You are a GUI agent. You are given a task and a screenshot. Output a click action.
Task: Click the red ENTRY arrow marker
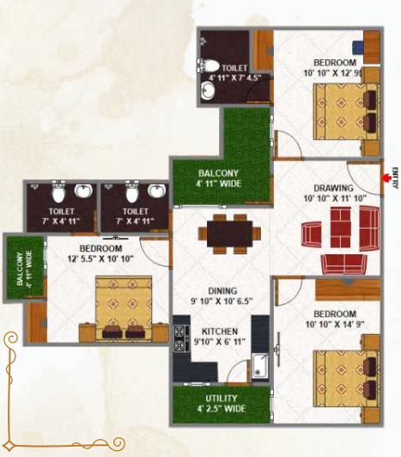pyautogui.click(x=386, y=178)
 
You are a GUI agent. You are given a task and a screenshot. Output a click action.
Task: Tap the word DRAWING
pyautogui.click(x=333, y=188)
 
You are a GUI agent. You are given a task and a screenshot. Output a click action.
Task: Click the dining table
pyautogui.click(x=229, y=234)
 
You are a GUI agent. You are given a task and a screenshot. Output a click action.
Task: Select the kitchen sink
pyautogui.click(x=260, y=365)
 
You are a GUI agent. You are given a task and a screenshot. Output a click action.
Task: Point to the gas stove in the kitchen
pyautogui.click(x=179, y=338)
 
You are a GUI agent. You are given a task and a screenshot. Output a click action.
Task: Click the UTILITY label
pyautogui.click(x=222, y=399)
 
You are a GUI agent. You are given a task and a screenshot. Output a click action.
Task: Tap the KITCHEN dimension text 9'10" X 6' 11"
pyautogui.click(x=220, y=341)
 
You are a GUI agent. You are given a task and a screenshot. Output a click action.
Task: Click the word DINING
pyautogui.click(x=222, y=291)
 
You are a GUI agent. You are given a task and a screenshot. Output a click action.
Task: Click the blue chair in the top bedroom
pyautogui.click(x=358, y=47)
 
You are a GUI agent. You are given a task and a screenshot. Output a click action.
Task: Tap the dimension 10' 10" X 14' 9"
pyautogui.click(x=335, y=324)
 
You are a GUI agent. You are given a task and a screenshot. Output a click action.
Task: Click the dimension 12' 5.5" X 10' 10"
pyautogui.click(x=100, y=259)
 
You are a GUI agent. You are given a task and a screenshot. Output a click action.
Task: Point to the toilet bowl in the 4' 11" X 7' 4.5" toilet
pyautogui.click(x=210, y=66)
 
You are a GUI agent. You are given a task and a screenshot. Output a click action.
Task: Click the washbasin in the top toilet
pyautogui.click(x=208, y=88)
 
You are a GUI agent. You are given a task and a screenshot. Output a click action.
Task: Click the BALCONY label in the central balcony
pyautogui.click(x=218, y=174)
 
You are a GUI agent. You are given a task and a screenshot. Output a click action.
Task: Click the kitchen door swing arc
pyautogui.click(x=234, y=368)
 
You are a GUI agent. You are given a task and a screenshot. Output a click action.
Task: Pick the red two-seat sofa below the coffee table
pyautogui.click(x=344, y=265)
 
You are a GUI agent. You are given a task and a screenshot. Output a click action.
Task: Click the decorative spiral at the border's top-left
pyautogui.click(x=11, y=339)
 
